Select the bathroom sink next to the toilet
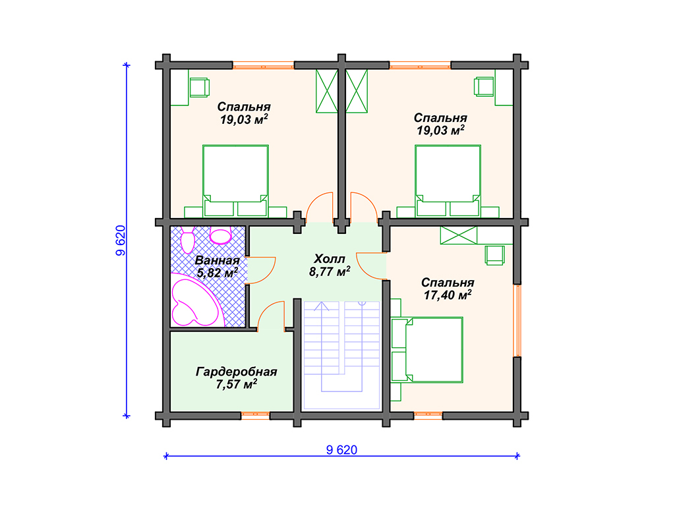[220, 235]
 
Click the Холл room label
[330, 259]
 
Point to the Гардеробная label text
[237, 372]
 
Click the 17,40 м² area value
[448, 295]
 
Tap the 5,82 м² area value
[218, 273]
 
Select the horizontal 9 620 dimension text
[341, 449]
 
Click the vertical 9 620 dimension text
[121, 240]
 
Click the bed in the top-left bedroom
[235, 181]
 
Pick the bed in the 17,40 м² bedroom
[427, 350]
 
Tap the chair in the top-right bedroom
[484, 86]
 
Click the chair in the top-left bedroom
[199, 87]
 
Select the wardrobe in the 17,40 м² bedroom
[459, 235]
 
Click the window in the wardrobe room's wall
[255, 416]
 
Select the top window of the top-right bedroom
[420, 65]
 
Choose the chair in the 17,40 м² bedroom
[494, 255]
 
